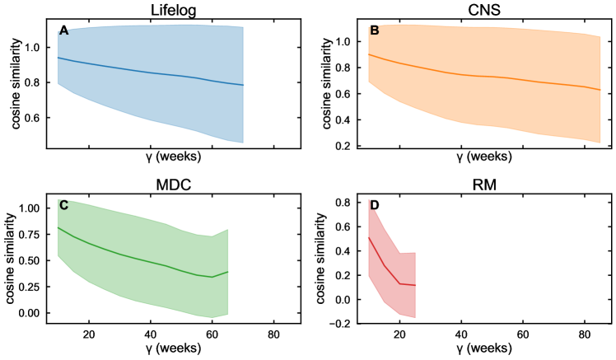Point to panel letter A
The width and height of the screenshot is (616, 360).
coord(63,31)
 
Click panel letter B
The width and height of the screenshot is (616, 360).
coord(375,31)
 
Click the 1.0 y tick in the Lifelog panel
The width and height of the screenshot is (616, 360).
coord(37,48)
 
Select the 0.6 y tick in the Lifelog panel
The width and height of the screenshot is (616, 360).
coord(37,118)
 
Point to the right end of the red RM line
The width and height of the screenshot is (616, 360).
coord(414,285)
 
